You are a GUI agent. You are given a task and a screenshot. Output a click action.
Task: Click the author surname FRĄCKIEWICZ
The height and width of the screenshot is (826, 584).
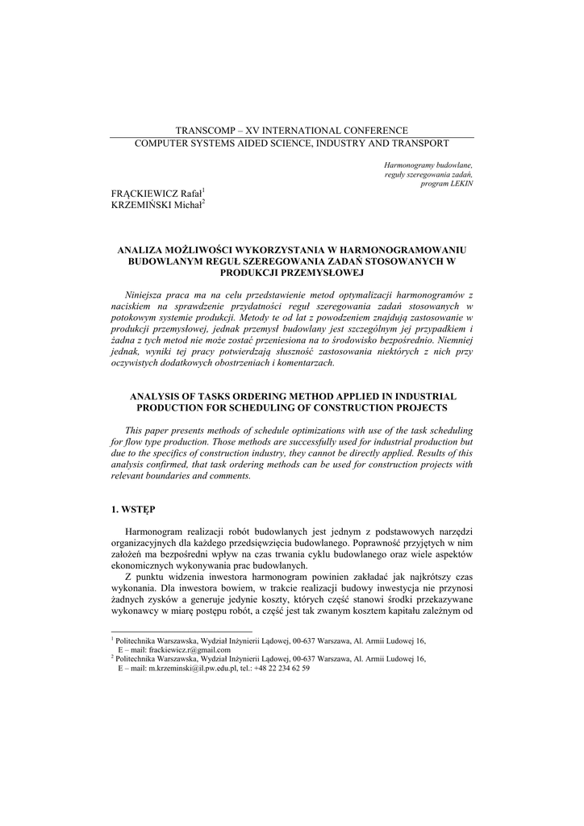point(139,194)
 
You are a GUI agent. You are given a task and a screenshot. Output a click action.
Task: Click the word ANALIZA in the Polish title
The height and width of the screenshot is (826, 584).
point(142,251)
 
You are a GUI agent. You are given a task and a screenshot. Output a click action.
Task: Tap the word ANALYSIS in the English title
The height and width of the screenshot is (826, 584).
point(157,397)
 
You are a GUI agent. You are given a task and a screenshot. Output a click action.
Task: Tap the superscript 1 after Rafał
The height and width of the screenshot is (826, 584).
point(204,190)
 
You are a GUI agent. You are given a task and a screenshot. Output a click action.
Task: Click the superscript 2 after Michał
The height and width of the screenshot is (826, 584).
point(204,202)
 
